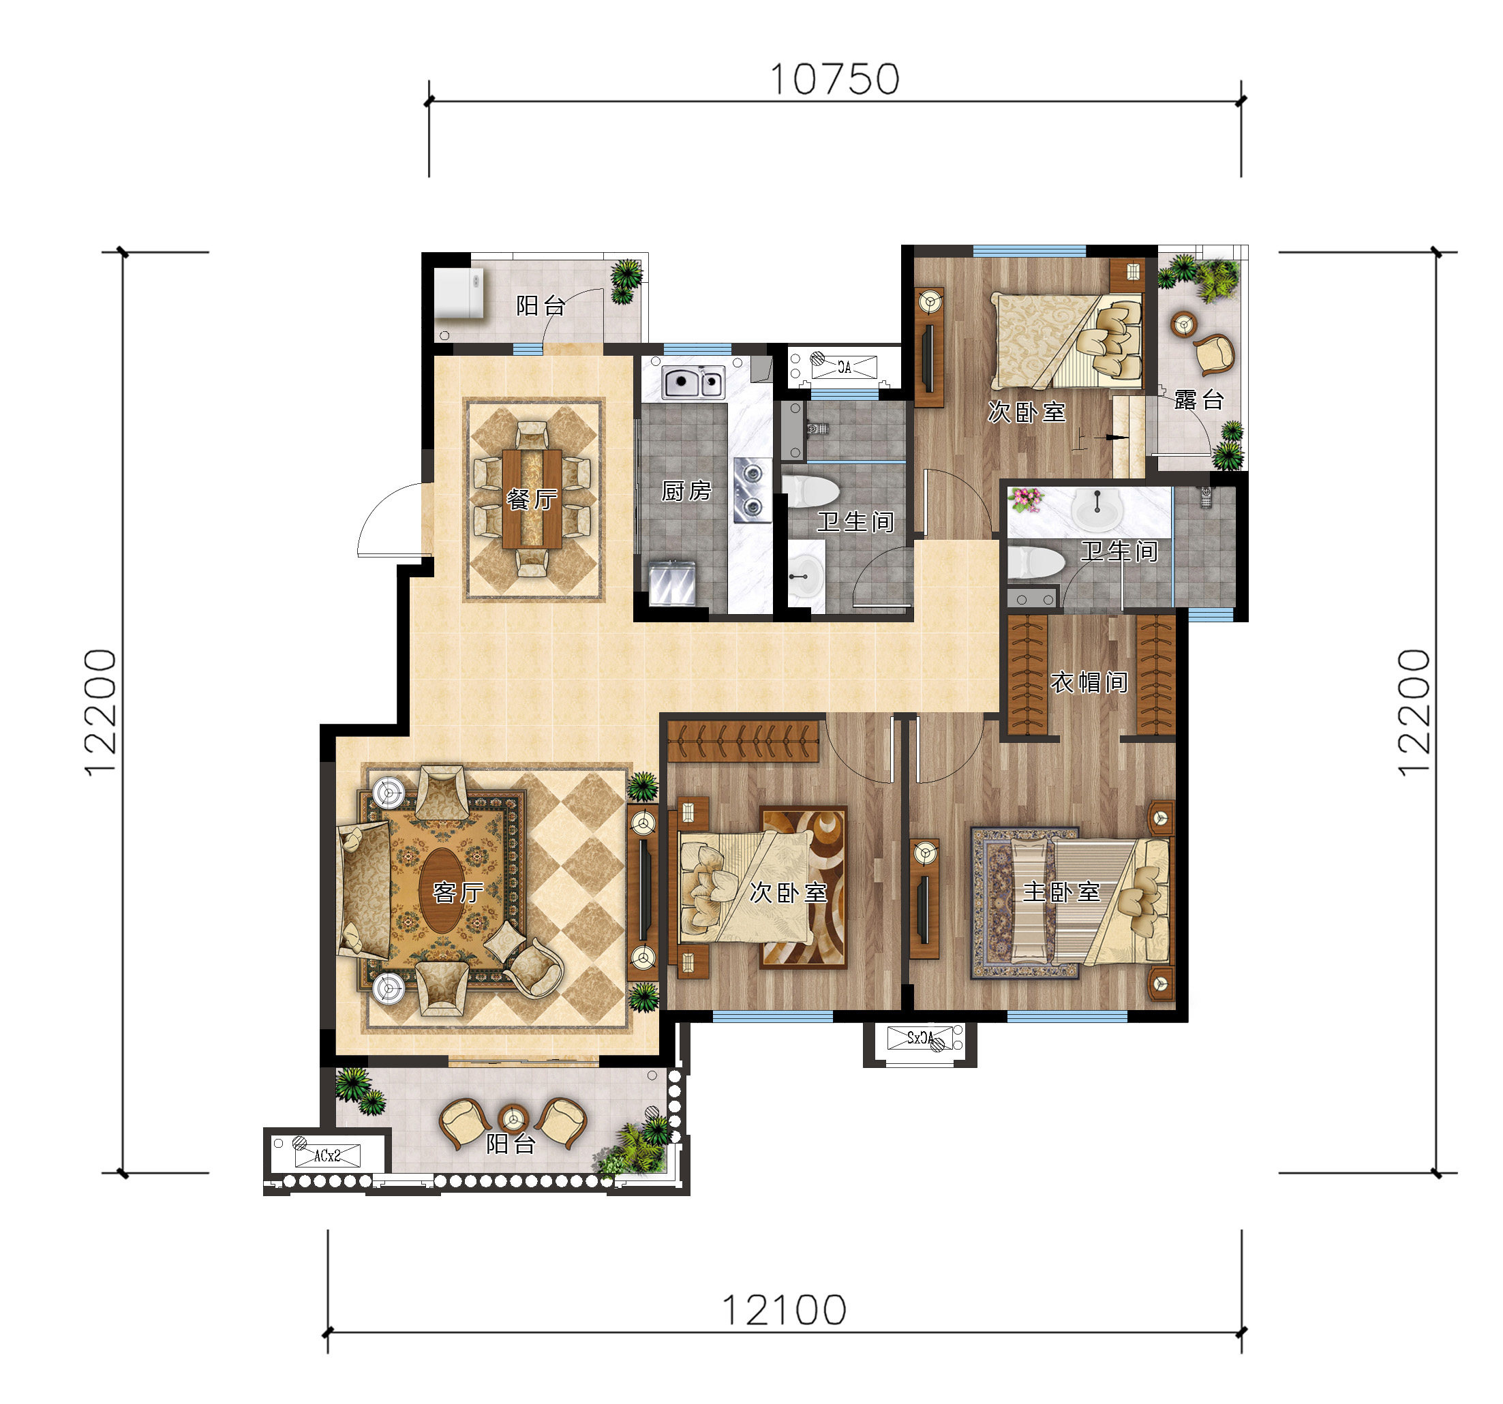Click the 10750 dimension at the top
[835, 79]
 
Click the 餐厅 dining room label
[532, 499]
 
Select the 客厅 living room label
[458, 893]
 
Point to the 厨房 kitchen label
[686, 491]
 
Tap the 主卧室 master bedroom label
[1061, 892]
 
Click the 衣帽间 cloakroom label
[1089, 683]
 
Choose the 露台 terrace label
[1199, 399]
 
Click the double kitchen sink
[693, 382]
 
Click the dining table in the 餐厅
[532, 499]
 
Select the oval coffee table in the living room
[442, 891]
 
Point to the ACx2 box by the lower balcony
[327, 1155]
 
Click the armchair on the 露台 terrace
[1213, 354]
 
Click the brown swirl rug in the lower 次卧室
[804, 887]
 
